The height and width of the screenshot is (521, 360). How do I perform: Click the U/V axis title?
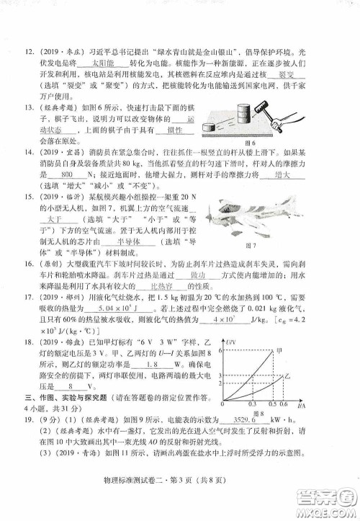[x=230, y=339]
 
